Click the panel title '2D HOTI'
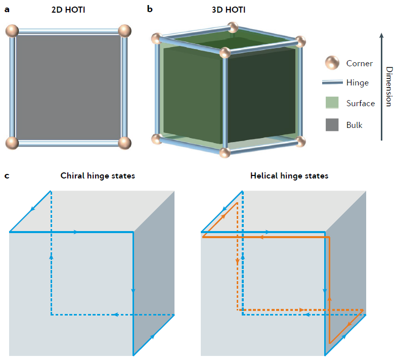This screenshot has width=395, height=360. click(68, 9)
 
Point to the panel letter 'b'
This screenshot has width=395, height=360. click(150, 9)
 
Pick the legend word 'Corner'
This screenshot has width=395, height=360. click(359, 64)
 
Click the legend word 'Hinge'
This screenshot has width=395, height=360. click(358, 83)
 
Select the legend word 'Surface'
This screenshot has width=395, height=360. click(361, 104)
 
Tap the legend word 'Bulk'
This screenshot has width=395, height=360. click(355, 124)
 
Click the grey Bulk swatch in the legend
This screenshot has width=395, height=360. click(332, 124)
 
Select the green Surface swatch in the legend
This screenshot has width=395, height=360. click(332, 104)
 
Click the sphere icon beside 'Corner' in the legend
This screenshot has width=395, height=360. click(332, 63)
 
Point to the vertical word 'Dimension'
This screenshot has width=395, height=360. click(388, 86)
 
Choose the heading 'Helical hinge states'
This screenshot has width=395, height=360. click(289, 176)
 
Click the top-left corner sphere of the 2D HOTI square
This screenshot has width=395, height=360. click(12, 30)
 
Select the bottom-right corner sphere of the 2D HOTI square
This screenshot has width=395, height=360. click(124, 143)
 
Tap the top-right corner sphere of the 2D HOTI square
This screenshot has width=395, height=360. click(124, 30)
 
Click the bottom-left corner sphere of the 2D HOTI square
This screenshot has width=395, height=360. click(12, 143)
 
